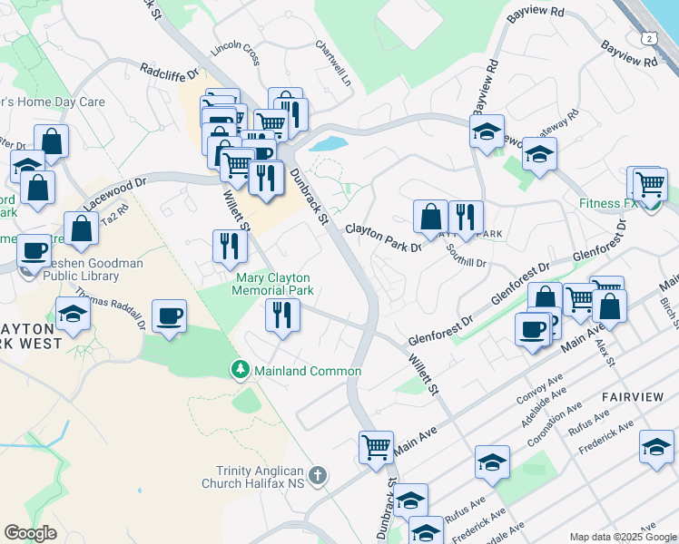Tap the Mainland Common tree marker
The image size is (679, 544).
240,370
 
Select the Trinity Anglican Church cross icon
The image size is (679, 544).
317,475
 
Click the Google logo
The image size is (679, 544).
30,533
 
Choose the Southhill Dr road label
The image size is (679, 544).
467,257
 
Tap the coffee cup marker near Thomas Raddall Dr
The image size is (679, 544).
169,316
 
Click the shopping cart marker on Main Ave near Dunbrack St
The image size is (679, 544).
376,447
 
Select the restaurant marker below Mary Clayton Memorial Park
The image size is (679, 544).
282,315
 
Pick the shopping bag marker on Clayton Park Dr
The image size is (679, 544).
430,217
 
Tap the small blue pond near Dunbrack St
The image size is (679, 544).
328,143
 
